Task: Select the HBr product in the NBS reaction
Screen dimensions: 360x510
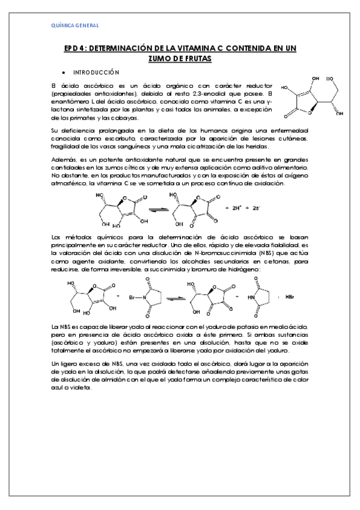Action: pos(290,297)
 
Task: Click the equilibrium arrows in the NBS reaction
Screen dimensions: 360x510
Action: pos(172,297)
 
